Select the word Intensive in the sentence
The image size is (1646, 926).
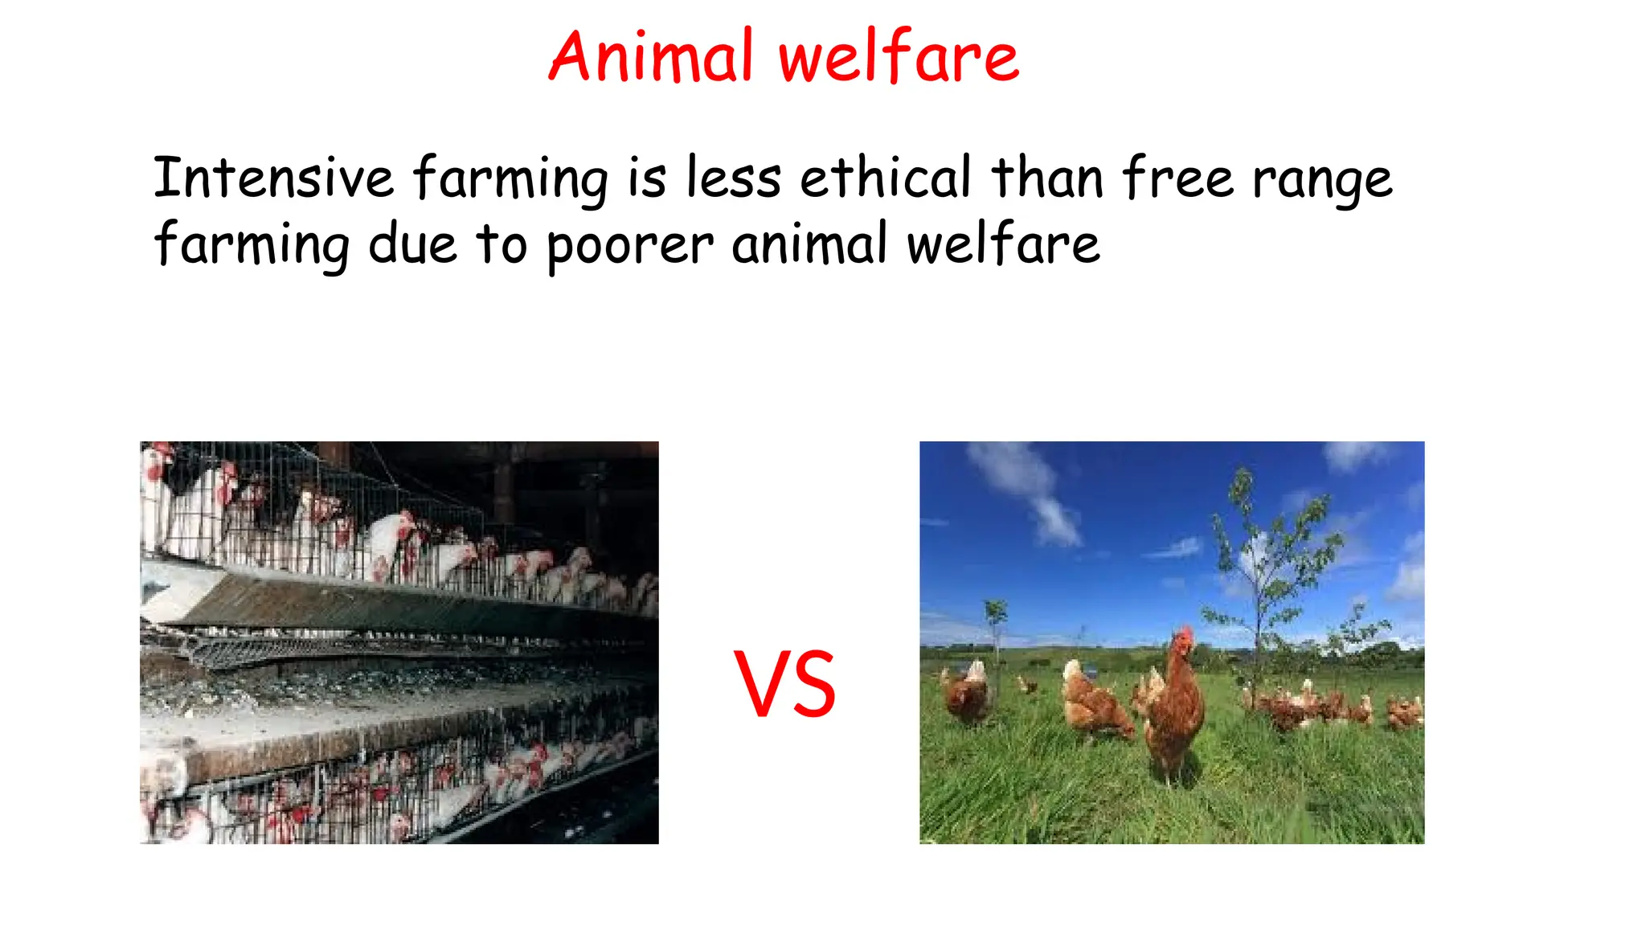(273, 178)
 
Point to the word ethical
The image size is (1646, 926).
(885, 178)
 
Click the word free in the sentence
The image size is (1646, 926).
(1177, 178)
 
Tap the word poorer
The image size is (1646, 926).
(629, 245)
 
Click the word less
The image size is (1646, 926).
(733, 178)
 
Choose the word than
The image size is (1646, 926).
(1047, 178)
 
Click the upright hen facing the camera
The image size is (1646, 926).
(1174, 707)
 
